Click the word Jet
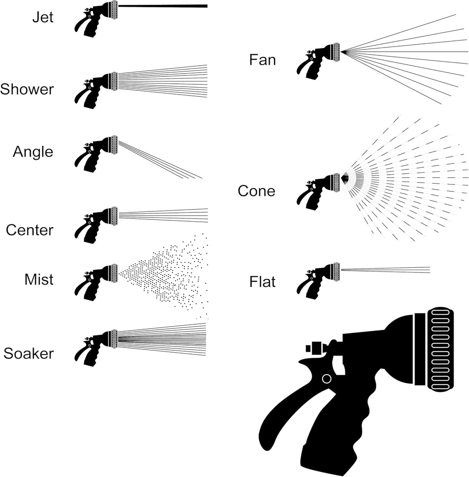pyautogui.click(x=42, y=18)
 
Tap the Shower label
pyautogui.click(x=27, y=89)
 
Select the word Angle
pyautogui.click(x=33, y=151)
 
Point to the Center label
pyautogui.click(x=30, y=230)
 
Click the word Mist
pyautogui.click(x=39, y=279)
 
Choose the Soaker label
pyautogui.click(x=28, y=354)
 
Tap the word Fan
pyautogui.click(x=262, y=60)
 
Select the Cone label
pyautogui.click(x=256, y=191)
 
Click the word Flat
pyautogui.click(x=262, y=282)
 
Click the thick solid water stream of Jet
pyautogui.click(x=163, y=6)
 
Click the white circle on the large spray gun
pyautogui.click(x=327, y=379)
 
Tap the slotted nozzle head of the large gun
pyautogui.click(x=440, y=349)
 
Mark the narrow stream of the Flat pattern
pyautogui.click(x=386, y=270)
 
